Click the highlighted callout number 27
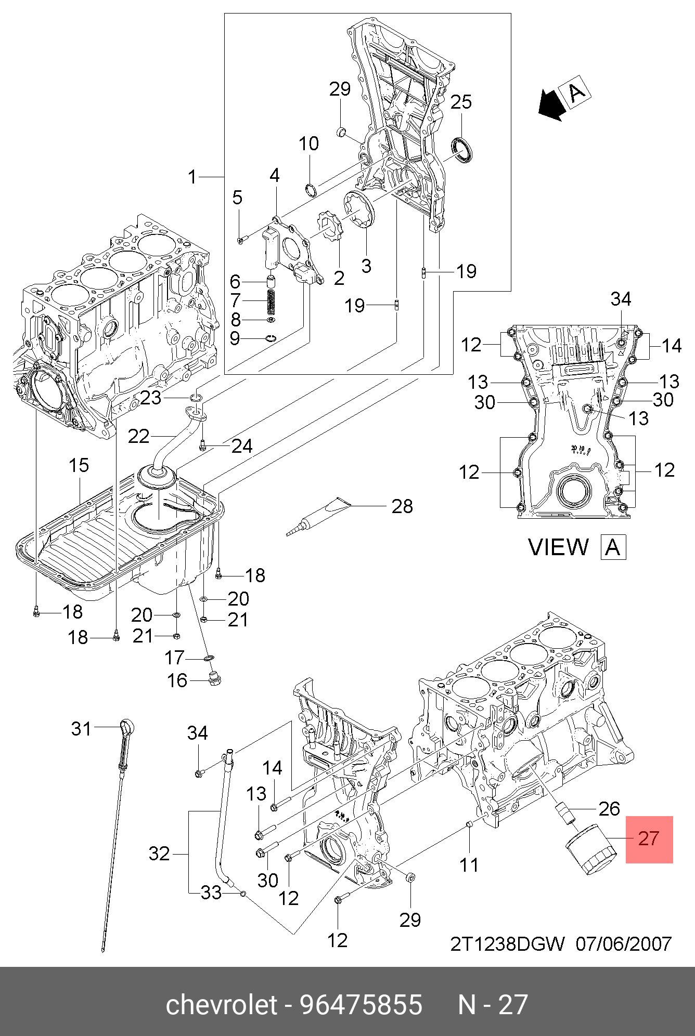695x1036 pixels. point(649,838)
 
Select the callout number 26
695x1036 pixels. point(609,809)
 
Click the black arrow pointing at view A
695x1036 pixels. point(551,104)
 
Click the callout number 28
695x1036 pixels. point(402,506)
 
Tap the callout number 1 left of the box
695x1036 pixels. point(192,177)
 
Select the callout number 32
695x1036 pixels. point(159,854)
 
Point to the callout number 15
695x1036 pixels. point(79,466)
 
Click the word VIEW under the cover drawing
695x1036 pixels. point(558,547)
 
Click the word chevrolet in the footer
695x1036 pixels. point(222,1005)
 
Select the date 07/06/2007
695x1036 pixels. point(624,944)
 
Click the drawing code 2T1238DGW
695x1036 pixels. point(507,944)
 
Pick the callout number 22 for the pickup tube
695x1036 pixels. point(138,437)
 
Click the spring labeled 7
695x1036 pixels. point(271,301)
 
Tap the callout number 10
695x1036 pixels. point(308,144)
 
